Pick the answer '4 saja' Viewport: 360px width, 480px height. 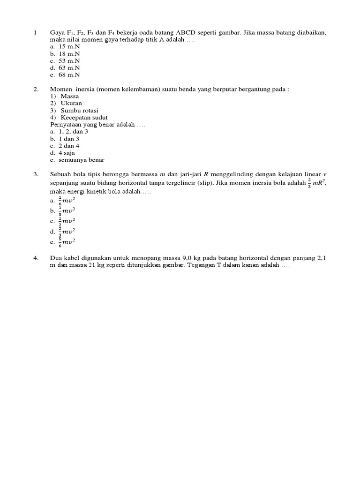click(67, 153)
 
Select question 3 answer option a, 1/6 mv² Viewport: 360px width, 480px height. click(66, 200)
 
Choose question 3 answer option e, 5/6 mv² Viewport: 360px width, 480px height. click(66, 242)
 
